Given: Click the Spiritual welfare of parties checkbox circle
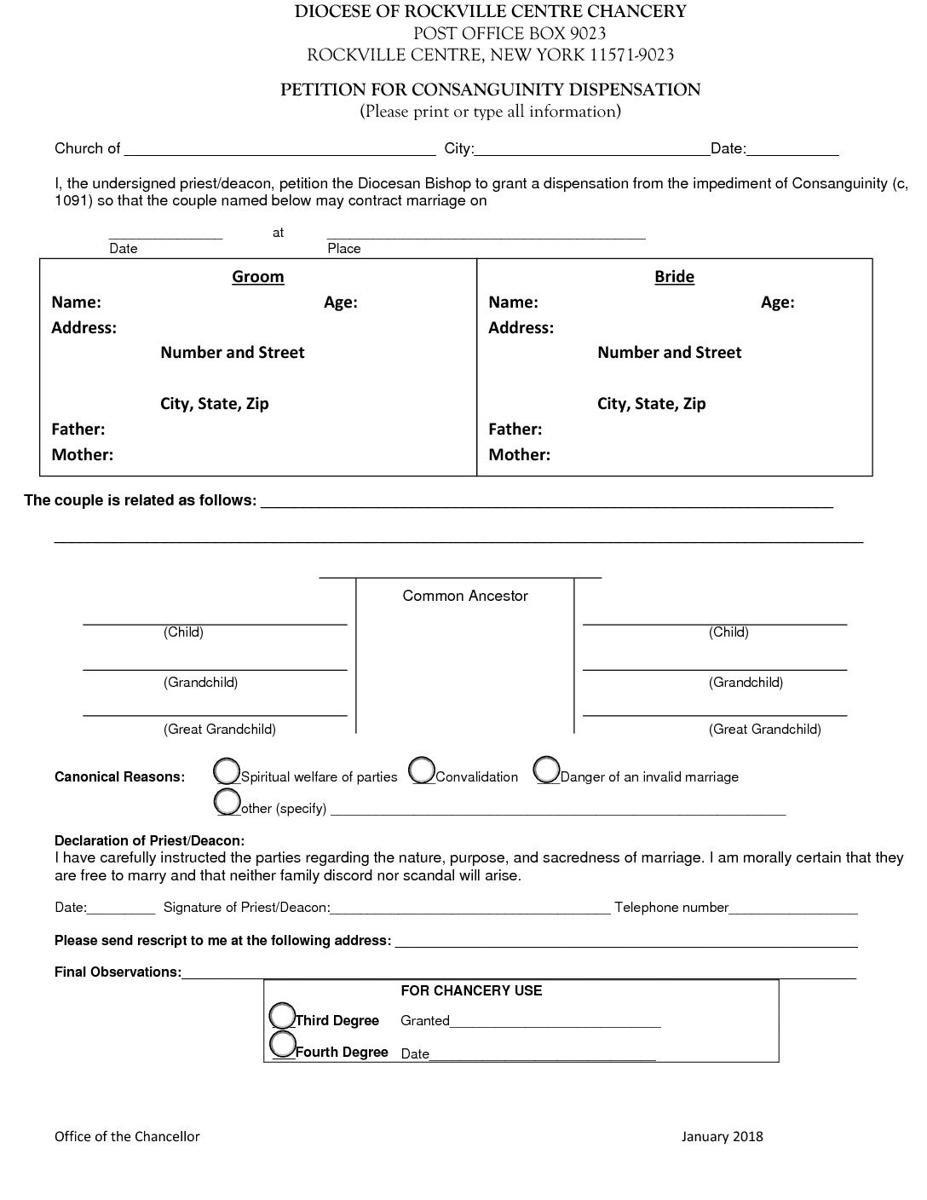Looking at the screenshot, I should [x=227, y=770].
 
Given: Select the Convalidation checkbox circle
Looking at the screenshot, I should [x=422, y=770].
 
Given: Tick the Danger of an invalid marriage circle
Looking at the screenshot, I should [x=547, y=769].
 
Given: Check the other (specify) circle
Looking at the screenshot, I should [x=227, y=801].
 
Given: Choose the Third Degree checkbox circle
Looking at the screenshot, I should [x=282, y=1015].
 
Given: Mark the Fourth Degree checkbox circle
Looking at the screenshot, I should [x=282, y=1043].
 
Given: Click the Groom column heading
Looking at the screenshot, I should [x=258, y=277].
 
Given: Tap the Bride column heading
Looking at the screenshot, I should [x=674, y=277].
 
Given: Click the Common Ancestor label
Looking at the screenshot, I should [x=465, y=596].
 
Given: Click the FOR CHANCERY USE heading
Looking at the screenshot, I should [x=471, y=990].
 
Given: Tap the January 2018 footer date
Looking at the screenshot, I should [x=722, y=1136].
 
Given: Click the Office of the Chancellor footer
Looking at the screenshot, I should [x=127, y=1136].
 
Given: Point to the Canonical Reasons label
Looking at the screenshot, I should [x=119, y=776].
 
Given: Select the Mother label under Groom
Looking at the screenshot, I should [x=82, y=454].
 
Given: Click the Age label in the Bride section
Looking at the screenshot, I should [x=777, y=302].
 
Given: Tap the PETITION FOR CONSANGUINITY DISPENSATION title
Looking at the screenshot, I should [x=490, y=89].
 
